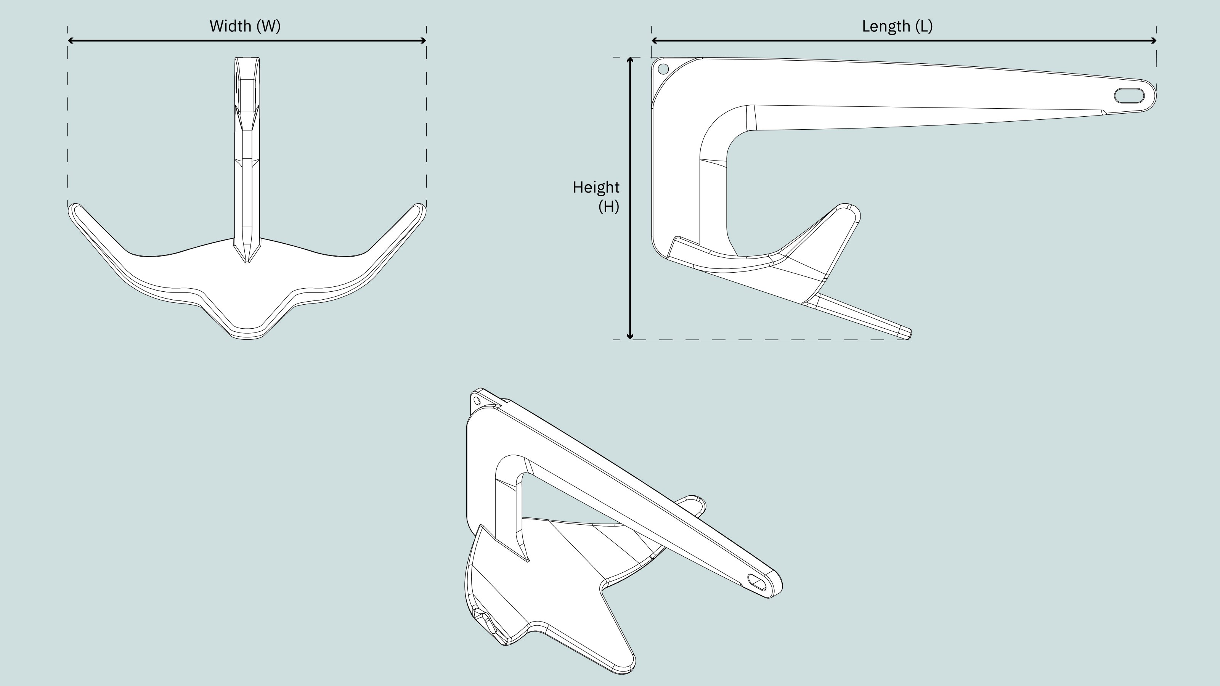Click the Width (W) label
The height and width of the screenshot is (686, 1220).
pyautogui.click(x=245, y=26)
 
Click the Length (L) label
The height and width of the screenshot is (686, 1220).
pyautogui.click(x=897, y=26)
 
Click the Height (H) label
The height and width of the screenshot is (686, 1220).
pyautogui.click(x=596, y=197)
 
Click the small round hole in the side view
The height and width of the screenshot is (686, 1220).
pyautogui.click(x=663, y=69)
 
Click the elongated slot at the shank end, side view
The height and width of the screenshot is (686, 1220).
pyautogui.click(x=1129, y=95)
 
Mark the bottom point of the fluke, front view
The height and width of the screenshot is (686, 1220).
pyautogui.click(x=247, y=337)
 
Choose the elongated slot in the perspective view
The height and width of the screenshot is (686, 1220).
pyautogui.click(x=756, y=582)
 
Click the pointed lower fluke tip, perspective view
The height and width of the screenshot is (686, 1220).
pyautogui.click(x=626, y=668)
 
